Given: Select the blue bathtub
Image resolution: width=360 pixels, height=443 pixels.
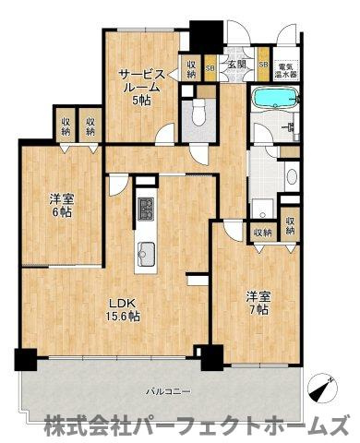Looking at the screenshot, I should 269,100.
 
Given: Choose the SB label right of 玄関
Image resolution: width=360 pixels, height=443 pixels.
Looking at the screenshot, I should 263,65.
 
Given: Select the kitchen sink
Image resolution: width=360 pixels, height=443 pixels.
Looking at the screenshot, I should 146,249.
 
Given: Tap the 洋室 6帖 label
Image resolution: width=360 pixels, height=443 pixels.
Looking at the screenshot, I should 61,203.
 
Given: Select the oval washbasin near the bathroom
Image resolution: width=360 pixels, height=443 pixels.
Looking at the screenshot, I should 292,175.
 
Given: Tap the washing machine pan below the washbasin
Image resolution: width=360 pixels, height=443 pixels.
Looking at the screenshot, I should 263,209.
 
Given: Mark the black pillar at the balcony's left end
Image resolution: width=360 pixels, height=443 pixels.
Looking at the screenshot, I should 25,359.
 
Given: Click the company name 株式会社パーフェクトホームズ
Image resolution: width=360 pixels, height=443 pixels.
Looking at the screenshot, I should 198,425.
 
